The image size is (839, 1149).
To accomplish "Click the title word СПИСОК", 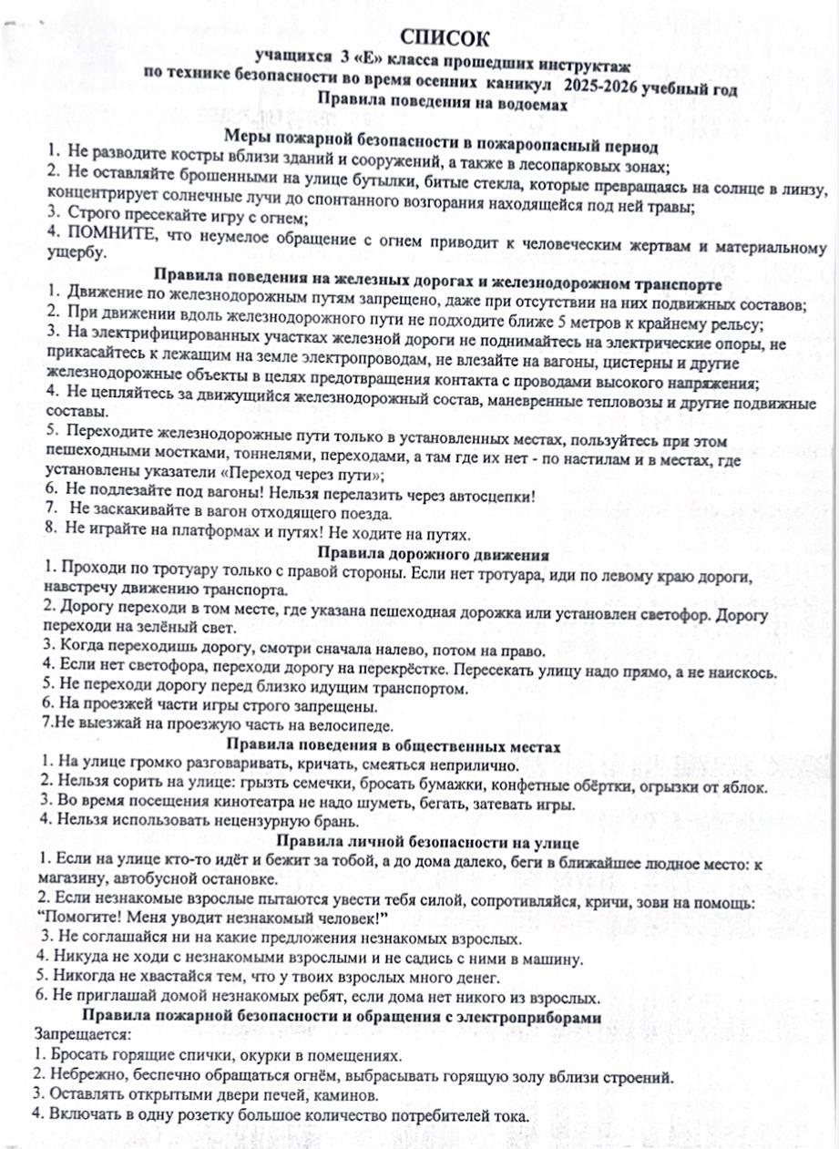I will tap(445, 37).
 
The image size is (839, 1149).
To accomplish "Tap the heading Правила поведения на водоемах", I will tap(442, 104).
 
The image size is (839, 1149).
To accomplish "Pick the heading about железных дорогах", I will tap(439, 274).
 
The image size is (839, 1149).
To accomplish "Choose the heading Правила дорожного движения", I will tap(432, 554).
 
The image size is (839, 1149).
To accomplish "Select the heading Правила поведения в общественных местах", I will tap(432, 746).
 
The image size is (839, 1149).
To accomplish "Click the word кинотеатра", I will tap(236, 805).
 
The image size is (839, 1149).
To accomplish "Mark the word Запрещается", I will tap(82, 1035).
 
